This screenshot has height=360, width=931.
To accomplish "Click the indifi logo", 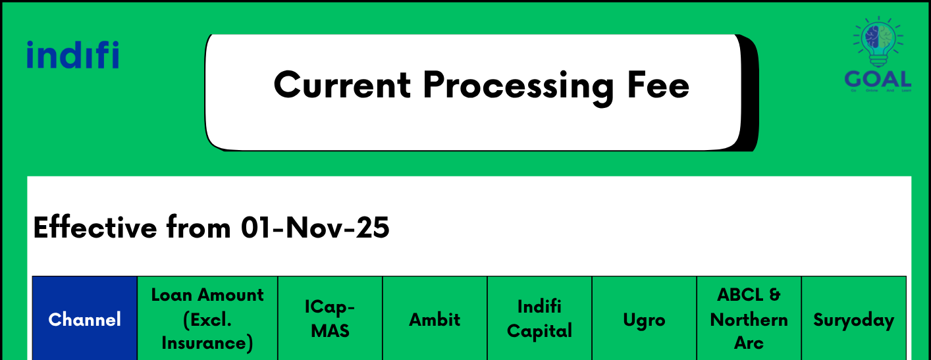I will (73, 55).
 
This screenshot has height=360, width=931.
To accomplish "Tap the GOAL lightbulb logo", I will (878, 53).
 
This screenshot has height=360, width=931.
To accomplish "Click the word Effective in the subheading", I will (95, 228).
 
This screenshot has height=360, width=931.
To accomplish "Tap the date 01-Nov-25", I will (315, 228).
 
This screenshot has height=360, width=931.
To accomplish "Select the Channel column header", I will (85, 320).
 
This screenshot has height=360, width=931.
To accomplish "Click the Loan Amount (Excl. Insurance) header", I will (207, 319).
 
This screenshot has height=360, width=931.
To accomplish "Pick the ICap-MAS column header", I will (330, 319).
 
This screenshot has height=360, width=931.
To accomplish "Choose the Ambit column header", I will (435, 320).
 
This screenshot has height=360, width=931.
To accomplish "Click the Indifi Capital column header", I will (539, 319).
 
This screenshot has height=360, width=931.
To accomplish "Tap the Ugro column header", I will (644, 321).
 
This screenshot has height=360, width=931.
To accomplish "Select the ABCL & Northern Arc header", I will (749, 319).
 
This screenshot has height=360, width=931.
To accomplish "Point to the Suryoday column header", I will (853, 320).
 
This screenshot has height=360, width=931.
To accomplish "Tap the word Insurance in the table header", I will (207, 343).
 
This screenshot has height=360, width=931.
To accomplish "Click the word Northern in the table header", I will (749, 320).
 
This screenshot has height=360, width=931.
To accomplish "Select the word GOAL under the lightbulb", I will (878, 80).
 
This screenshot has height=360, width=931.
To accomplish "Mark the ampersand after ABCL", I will (774, 295).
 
